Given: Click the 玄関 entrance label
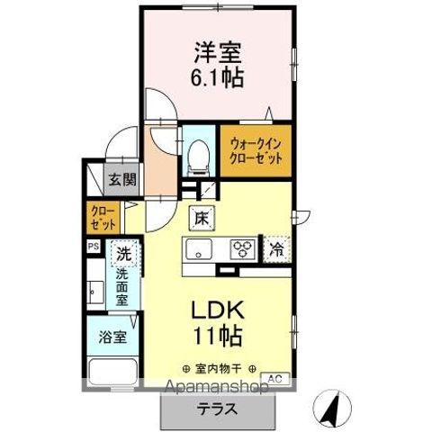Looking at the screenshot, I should pos(123,178).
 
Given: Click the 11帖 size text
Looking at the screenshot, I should pos(216,338).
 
